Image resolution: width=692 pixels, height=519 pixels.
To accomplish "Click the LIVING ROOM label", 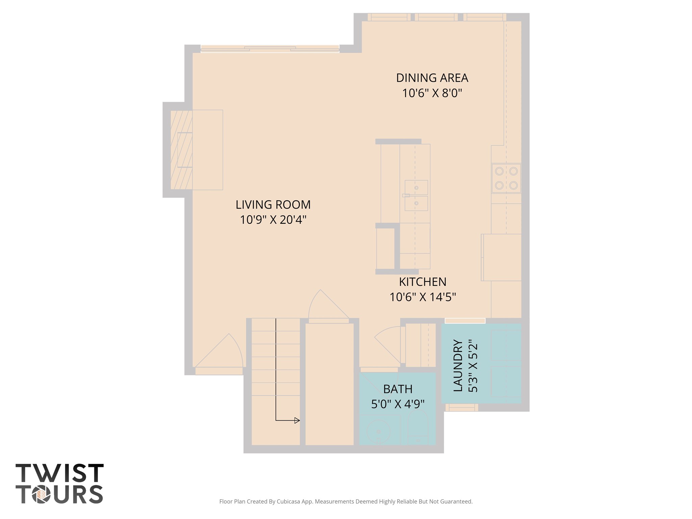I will click(273, 205).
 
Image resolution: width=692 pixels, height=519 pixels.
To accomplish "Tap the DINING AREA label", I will click(432, 78).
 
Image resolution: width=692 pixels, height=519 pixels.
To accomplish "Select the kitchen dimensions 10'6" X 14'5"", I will click(423, 297).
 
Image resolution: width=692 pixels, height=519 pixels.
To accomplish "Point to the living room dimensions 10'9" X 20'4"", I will click(273, 220).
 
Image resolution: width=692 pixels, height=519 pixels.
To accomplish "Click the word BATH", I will click(398, 389).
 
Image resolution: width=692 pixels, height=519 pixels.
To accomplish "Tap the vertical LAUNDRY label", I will click(458, 366).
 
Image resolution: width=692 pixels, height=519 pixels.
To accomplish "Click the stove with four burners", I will click(506, 178).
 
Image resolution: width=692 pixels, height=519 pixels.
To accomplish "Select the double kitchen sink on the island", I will click(416, 195).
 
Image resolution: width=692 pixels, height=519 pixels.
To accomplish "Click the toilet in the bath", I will click(418, 428).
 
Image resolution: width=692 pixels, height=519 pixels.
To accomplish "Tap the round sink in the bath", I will click(379, 431).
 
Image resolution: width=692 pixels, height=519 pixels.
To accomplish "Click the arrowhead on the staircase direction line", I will click(297, 420).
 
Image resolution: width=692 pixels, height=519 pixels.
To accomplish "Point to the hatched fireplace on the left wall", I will click(181, 150).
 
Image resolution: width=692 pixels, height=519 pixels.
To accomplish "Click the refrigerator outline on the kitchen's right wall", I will click(502, 257).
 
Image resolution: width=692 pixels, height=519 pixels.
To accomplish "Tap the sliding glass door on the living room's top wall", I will click(270, 49).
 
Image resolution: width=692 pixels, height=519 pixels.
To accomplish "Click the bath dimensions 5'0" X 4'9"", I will click(398, 404).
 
